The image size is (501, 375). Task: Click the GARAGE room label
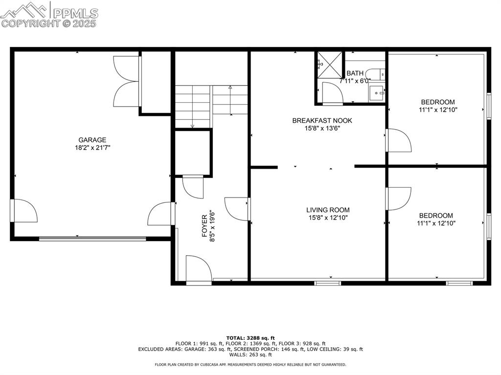[92, 140]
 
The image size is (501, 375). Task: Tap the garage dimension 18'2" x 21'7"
[92, 148]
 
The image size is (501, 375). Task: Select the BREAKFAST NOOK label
[322, 120]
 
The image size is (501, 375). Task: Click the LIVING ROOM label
[328, 210]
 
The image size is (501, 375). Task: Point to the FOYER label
[205, 226]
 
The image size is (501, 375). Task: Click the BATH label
[355, 73]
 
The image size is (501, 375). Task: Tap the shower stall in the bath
[329, 65]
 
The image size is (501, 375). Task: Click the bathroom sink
[377, 92]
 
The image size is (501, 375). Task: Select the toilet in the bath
[375, 75]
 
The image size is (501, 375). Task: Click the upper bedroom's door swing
[399, 140]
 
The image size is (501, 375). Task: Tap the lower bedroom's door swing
[398, 199]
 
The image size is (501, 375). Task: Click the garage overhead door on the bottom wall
[92, 239]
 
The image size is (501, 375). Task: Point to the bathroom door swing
[332, 93]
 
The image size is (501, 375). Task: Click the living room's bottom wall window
[328, 283]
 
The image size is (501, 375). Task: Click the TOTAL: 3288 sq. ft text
[250, 338]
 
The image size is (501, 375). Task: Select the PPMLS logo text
[75, 13]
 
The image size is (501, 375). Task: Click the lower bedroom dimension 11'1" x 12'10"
[436, 223]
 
